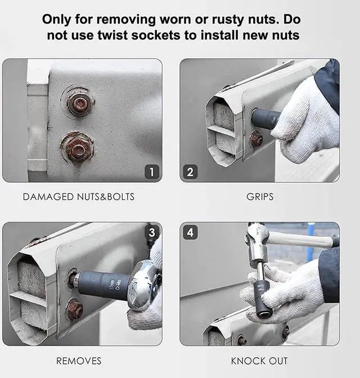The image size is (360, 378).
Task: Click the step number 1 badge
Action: click(x=152, y=172)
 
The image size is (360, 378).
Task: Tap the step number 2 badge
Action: click(x=190, y=172)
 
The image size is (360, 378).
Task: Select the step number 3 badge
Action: click(x=152, y=232)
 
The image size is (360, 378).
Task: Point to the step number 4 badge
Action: click(x=190, y=232)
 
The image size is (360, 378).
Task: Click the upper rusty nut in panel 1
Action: click(x=78, y=104)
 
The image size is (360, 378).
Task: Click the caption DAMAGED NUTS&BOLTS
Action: click(x=79, y=197)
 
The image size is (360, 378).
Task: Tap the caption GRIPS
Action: click(x=260, y=197)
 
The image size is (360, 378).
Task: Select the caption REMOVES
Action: click(x=79, y=361)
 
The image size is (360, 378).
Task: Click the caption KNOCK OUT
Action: click(x=259, y=361)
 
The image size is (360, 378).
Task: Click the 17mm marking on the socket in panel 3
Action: click(x=111, y=285)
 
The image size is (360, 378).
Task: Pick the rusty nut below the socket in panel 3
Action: click(x=75, y=309)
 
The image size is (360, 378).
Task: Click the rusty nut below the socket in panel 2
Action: click(x=256, y=139)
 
